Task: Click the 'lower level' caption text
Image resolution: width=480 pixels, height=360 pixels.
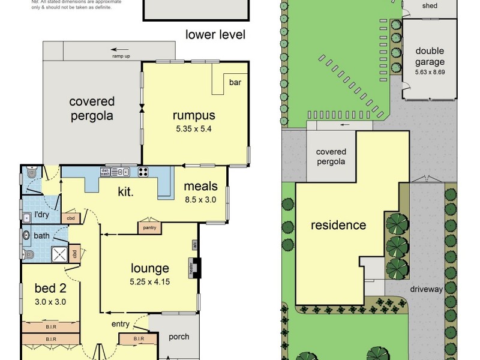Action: click(x=215, y=34)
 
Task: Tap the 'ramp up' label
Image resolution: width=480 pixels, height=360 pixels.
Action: click(x=121, y=56)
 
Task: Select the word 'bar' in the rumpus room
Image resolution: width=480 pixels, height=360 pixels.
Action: click(x=235, y=83)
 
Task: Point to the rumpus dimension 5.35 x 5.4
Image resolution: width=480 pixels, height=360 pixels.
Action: click(x=194, y=128)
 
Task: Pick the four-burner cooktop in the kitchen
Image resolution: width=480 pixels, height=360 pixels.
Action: click(x=144, y=172)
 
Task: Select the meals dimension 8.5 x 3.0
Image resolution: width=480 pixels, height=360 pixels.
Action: click(x=200, y=200)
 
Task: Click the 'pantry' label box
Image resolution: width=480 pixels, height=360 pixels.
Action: click(x=148, y=227)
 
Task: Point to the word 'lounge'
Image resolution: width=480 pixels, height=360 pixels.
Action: click(x=150, y=268)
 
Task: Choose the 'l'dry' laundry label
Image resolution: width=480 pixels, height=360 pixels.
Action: click(x=41, y=215)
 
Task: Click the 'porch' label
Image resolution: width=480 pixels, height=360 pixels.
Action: click(x=178, y=337)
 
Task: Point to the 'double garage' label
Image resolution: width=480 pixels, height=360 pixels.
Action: click(x=430, y=56)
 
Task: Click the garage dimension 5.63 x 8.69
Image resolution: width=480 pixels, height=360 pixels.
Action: click(x=430, y=73)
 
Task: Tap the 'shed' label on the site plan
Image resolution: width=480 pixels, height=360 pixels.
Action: click(x=430, y=6)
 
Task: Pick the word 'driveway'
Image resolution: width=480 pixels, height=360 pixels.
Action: click(x=427, y=289)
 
